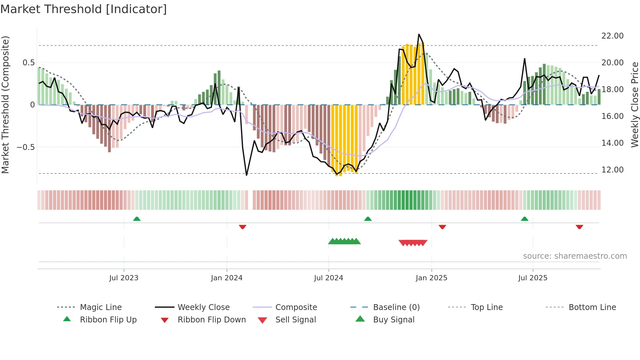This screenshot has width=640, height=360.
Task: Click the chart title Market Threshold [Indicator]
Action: [x=84, y=9]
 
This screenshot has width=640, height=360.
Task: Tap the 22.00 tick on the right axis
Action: [x=612, y=36]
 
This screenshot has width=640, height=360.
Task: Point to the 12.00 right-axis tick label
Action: [x=612, y=170]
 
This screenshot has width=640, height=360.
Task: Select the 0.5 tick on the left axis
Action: [x=28, y=63]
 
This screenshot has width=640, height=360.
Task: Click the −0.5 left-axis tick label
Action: [x=25, y=147]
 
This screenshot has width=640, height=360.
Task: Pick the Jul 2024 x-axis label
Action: [x=328, y=278]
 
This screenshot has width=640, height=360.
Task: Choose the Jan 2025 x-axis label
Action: [x=431, y=278]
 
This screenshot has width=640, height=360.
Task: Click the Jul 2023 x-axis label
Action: [x=124, y=278]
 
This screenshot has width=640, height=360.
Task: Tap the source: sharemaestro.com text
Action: [x=575, y=256]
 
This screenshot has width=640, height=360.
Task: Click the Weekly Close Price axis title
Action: [x=634, y=105]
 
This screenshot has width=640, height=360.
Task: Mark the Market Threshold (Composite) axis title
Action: [x=5, y=105]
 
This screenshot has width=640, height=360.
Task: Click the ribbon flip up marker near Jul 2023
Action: [x=137, y=219]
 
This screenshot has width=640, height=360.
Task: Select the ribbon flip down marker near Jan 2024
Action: [x=242, y=227]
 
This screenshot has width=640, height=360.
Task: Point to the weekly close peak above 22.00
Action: [x=419, y=34]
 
